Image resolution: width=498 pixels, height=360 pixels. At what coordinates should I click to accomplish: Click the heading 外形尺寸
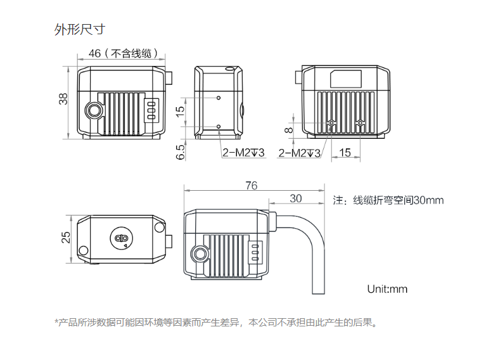pos(79,29)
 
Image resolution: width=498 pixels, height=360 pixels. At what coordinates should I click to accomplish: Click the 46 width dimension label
pos(95,54)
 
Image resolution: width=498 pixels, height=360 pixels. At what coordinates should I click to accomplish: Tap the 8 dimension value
pos(289,131)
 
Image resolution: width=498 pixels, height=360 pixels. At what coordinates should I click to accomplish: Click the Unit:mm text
pos(387,289)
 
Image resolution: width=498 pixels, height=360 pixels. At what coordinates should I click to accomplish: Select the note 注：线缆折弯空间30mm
pos(388,200)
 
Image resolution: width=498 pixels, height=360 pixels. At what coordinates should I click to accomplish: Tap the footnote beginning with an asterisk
pos(216,323)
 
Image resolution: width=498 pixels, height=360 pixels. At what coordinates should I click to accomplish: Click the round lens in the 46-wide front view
pos(94,110)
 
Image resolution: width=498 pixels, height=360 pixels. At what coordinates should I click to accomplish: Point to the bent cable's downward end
pos(317,290)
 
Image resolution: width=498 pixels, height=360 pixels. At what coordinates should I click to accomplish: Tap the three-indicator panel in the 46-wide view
pos(151,108)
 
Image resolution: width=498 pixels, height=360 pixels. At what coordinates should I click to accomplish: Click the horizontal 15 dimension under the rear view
pos(345,152)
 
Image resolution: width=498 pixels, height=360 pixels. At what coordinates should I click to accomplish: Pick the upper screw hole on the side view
pos(219,98)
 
